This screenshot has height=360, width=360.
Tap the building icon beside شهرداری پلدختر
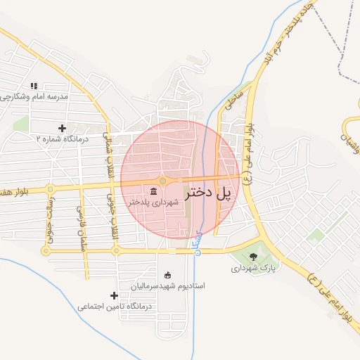[x=153, y=191]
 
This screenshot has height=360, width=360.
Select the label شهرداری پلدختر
[x=153, y=202]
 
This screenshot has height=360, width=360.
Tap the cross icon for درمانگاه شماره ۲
[x=63, y=128]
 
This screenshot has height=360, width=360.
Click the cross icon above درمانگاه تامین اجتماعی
[x=115, y=295]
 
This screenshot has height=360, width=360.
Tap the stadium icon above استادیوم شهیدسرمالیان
[x=167, y=275]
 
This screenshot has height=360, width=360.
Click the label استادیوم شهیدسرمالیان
[x=167, y=286]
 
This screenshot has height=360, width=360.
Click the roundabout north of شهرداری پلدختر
[x=162, y=181]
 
